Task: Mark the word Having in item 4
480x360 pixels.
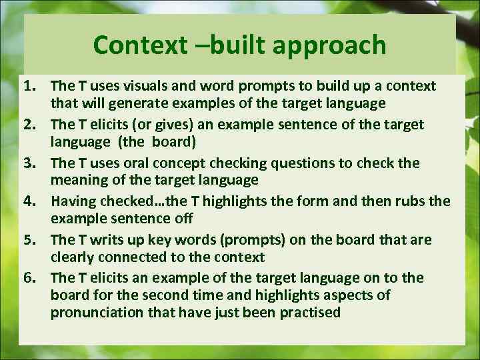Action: coord(72,201)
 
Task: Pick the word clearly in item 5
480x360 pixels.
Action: coord(71,257)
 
